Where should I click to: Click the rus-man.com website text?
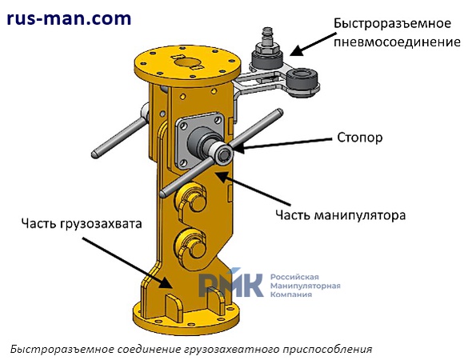click(x=69, y=19)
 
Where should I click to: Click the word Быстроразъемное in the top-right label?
click(x=392, y=23)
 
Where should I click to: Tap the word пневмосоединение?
click(x=397, y=42)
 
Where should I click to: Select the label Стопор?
click(x=360, y=138)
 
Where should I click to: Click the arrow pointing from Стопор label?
click(x=282, y=143)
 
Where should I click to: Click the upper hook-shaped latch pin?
click(x=191, y=198)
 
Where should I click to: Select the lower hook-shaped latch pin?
click(x=191, y=246)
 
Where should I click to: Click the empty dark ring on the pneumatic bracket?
click(x=303, y=78)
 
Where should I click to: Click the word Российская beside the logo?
click(x=294, y=277)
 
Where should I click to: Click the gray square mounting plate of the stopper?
click(x=199, y=141)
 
